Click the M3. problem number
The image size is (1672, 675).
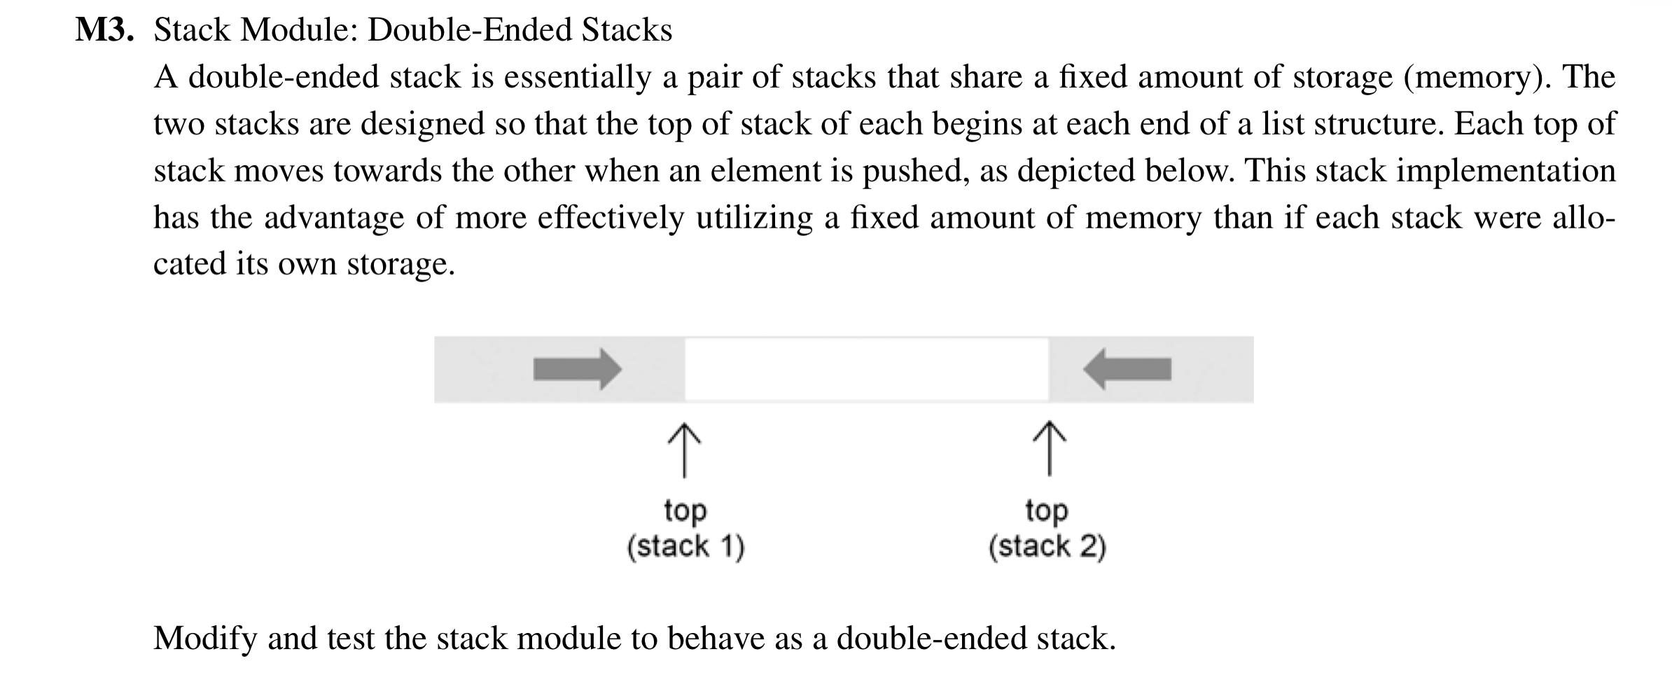(x=104, y=30)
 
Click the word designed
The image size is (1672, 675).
(x=422, y=124)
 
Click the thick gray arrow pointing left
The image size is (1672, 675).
(x=1127, y=369)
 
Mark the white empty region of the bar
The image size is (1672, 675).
(x=866, y=369)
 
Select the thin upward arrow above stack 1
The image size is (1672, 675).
(x=684, y=450)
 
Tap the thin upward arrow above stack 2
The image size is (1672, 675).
(x=1048, y=448)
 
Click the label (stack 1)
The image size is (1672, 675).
(x=685, y=546)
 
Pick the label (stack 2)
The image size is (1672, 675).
(x=1047, y=546)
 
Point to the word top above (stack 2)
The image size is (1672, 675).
(x=1047, y=510)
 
